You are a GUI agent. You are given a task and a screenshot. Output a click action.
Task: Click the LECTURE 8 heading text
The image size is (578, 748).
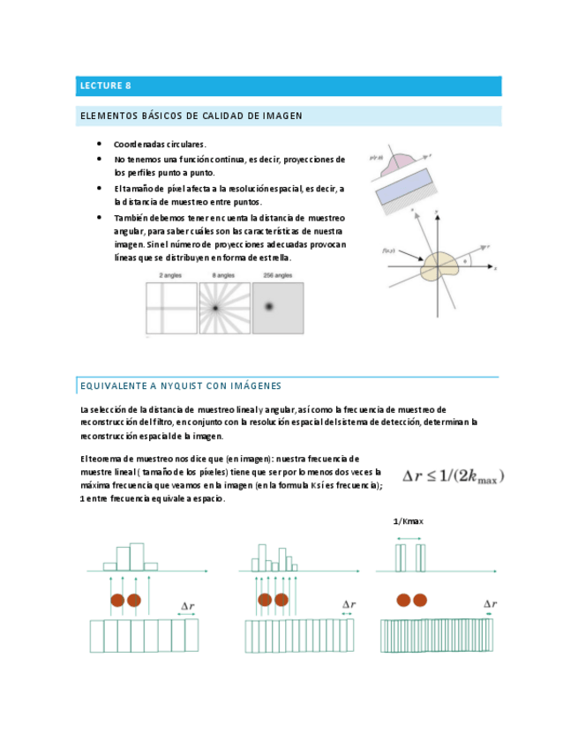105,86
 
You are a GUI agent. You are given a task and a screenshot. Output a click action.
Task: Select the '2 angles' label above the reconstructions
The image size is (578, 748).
171,276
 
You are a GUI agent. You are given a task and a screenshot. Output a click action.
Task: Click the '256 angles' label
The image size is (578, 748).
278,276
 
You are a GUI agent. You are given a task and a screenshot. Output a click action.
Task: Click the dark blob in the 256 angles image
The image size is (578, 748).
270,306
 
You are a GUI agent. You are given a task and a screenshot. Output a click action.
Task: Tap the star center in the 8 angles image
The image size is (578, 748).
214,308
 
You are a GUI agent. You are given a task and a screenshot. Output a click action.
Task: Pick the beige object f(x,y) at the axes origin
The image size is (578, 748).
439,266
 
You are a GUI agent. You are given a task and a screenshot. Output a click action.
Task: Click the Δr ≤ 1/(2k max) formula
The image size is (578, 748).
454,476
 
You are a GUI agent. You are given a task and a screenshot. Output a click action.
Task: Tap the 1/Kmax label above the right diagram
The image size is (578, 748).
409,521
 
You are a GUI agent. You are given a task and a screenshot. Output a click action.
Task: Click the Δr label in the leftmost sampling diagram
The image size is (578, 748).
188,606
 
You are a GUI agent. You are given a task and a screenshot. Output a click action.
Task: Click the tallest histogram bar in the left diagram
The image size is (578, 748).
137,557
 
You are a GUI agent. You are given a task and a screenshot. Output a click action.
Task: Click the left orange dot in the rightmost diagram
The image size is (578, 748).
403,600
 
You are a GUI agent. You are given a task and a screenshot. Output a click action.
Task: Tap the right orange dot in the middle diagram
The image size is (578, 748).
281,600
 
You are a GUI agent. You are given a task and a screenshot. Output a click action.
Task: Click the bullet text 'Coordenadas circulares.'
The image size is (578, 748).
160,144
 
